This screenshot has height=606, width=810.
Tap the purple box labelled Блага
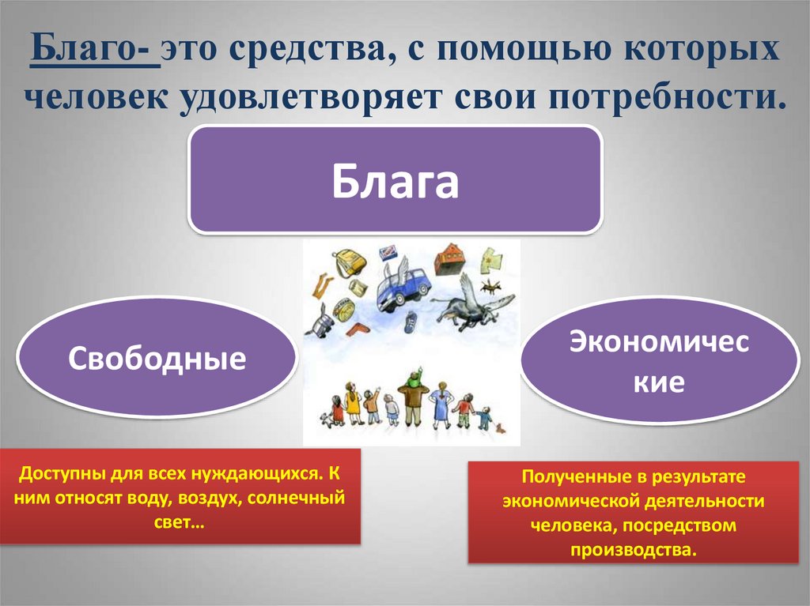click(395, 180)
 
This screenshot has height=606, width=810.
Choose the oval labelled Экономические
click(660, 361)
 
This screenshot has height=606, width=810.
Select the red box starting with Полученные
click(633, 513)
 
